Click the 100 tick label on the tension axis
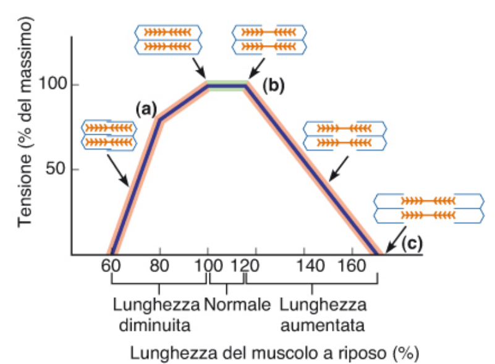tap(53, 83)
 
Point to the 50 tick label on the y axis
tap(56, 168)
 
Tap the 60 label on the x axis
tap(111, 266)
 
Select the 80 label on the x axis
tap(159, 266)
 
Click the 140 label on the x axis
tap(310, 266)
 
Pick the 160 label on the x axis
tap(352, 266)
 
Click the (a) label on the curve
tap(146, 109)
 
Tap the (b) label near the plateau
tap(273, 85)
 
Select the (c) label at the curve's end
tap(412, 243)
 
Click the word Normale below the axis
tap(237, 305)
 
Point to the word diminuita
tap(154, 325)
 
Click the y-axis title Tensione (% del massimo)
tap(25, 122)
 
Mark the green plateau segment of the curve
tap(226, 86)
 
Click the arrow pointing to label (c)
tap(396, 240)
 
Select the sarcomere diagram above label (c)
tap(429, 208)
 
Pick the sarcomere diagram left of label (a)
tap(109, 135)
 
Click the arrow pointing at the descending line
tap(339, 169)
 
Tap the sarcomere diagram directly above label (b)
tap(269, 39)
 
